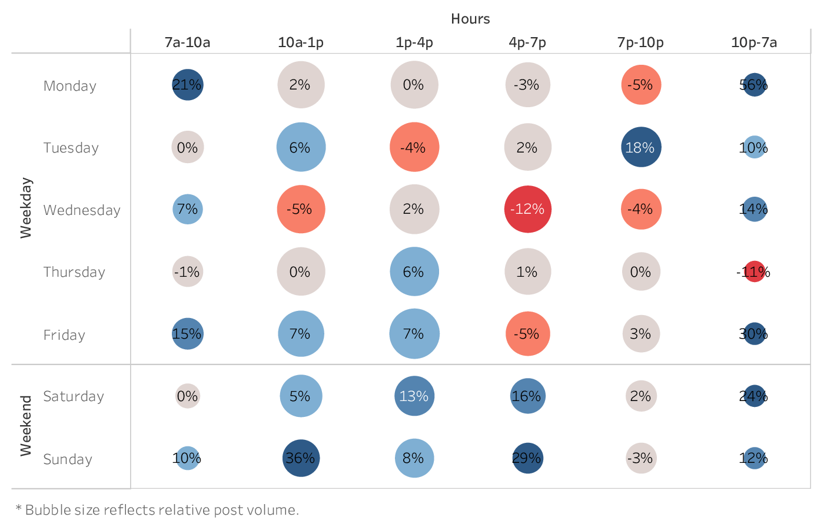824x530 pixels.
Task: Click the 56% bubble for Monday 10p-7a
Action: [x=754, y=85]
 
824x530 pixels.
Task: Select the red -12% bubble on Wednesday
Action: [x=527, y=209]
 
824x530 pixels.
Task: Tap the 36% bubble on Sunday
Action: [x=301, y=458]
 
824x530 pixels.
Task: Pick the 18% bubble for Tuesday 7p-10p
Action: [x=641, y=147]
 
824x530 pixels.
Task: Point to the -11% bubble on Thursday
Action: [x=754, y=271]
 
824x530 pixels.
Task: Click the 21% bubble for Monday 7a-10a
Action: [x=188, y=85]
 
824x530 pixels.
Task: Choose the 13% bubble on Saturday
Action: [x=414, y=396]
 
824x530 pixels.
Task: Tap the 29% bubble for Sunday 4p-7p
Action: [x=527, y=458]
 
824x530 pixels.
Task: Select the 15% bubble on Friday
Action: [x=188, y=334]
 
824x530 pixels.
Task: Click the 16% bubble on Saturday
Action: [x=527, y=396]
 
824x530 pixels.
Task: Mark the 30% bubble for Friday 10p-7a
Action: [x=754, y=334]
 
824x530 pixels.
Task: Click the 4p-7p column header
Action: [x=527, y=42]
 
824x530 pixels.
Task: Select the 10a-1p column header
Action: [x=301, y=42]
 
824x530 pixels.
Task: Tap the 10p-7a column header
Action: [x=754, y=42]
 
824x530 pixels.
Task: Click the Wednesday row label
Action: [x=82, y=210]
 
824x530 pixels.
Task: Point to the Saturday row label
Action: [x=74, y=396]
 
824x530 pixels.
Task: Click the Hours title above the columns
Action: [x=470, y=19]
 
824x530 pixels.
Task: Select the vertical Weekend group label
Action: [x=26, y=426]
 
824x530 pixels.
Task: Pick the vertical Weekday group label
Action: [x=26, y=208]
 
